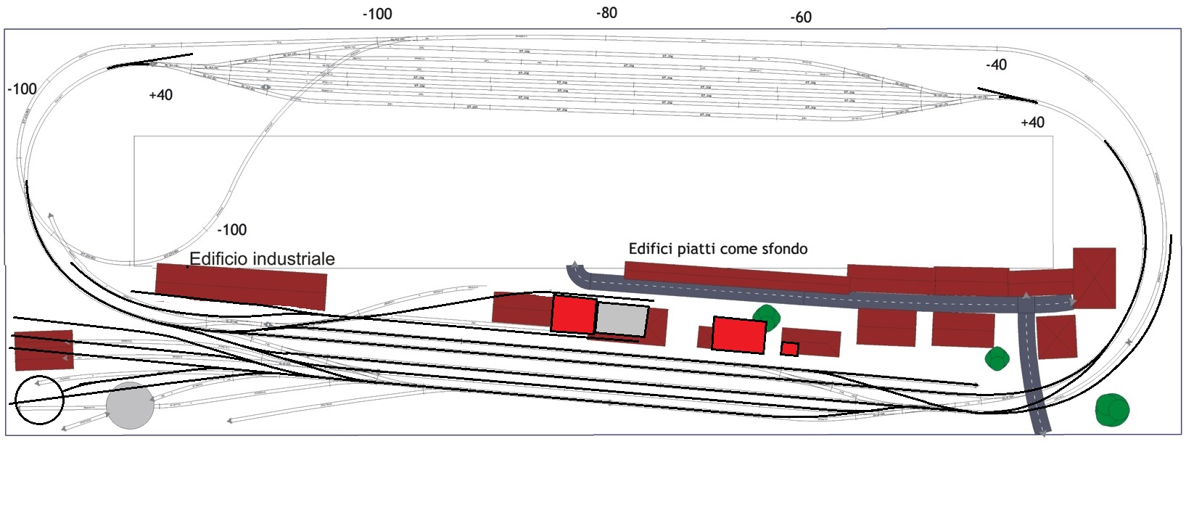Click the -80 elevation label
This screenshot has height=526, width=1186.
coord(606,13)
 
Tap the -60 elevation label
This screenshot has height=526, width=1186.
coord(801,17)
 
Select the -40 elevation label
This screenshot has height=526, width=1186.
coord(996,65)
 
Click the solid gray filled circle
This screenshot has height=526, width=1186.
coord(130,406)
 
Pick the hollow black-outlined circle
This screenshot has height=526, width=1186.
coord(39,400)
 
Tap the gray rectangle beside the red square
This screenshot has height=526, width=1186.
coord(622,320)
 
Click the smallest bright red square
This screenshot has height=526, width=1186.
coord(789,349)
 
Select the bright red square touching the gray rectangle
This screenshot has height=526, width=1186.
coord(574,314)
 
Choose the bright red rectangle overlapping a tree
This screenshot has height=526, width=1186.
coord(738,334)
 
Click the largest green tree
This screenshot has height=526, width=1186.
coord(1112,410)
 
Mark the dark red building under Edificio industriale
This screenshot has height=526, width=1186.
coord(242,286)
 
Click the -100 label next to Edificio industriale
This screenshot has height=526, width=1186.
coord(232,230)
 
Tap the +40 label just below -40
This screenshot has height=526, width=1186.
coord(1031,123)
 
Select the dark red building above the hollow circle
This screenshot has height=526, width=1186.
coord(44,350)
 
